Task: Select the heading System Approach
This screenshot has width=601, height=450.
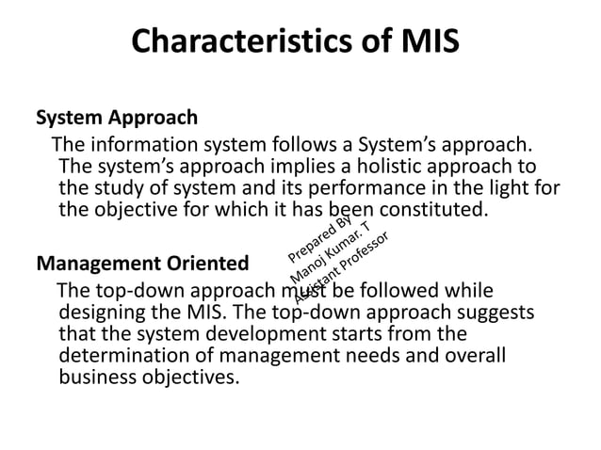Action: point(117,119)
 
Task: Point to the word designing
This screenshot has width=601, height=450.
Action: point(102,311)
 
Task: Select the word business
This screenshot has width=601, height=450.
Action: point(96,378)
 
